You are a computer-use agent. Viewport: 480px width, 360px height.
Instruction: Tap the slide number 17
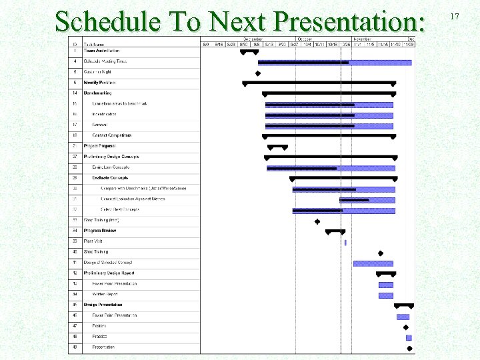[x=455, y=15]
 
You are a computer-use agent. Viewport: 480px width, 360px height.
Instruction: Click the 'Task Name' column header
[x=94, y=45]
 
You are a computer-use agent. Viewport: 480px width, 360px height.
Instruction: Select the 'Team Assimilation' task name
[x=102, y=51]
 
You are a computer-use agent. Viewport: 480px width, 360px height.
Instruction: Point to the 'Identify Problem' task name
[x=101, y=83]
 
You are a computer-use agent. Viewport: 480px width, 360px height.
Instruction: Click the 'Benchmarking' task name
[x=98, y=93]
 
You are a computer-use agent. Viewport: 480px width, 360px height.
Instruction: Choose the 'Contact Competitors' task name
[x=112, y=135]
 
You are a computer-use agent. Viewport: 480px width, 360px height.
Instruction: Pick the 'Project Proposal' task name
[x=99, y=146]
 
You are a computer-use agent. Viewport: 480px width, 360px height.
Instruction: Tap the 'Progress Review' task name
[x=100, y=231]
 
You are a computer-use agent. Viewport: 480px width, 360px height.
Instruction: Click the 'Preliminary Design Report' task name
[x=109, y=273]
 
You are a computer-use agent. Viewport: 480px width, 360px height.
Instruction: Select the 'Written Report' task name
[x=105, y=294]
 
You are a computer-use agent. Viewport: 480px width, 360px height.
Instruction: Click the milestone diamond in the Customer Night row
[x=258, y=73]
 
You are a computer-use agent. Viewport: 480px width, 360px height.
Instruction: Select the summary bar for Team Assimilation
[x=249, y=51]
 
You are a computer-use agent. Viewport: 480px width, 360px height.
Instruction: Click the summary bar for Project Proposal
[x=277, y=146]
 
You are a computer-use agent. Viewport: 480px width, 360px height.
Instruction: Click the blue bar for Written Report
[x=386, y=295]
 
